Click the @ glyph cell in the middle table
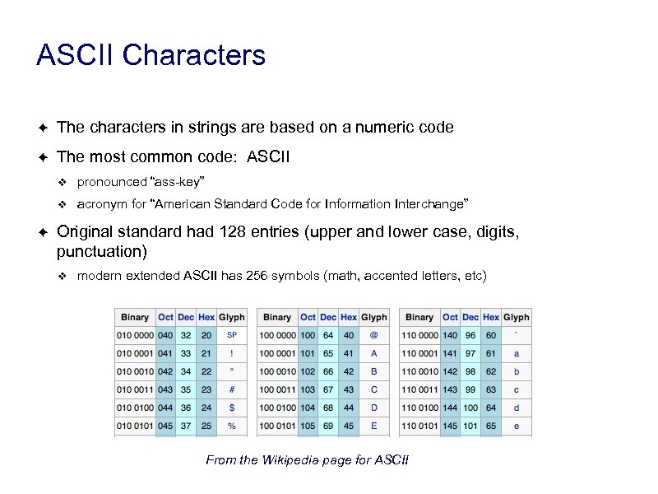374,335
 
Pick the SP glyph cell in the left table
232,335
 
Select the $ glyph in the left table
232,408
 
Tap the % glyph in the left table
232,426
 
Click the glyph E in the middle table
374,426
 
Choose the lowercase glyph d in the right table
517,408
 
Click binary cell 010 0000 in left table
135,335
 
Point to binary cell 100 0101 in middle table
277,426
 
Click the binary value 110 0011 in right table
419,389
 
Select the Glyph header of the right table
517,317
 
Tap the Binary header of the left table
135,317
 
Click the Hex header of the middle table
349,317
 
